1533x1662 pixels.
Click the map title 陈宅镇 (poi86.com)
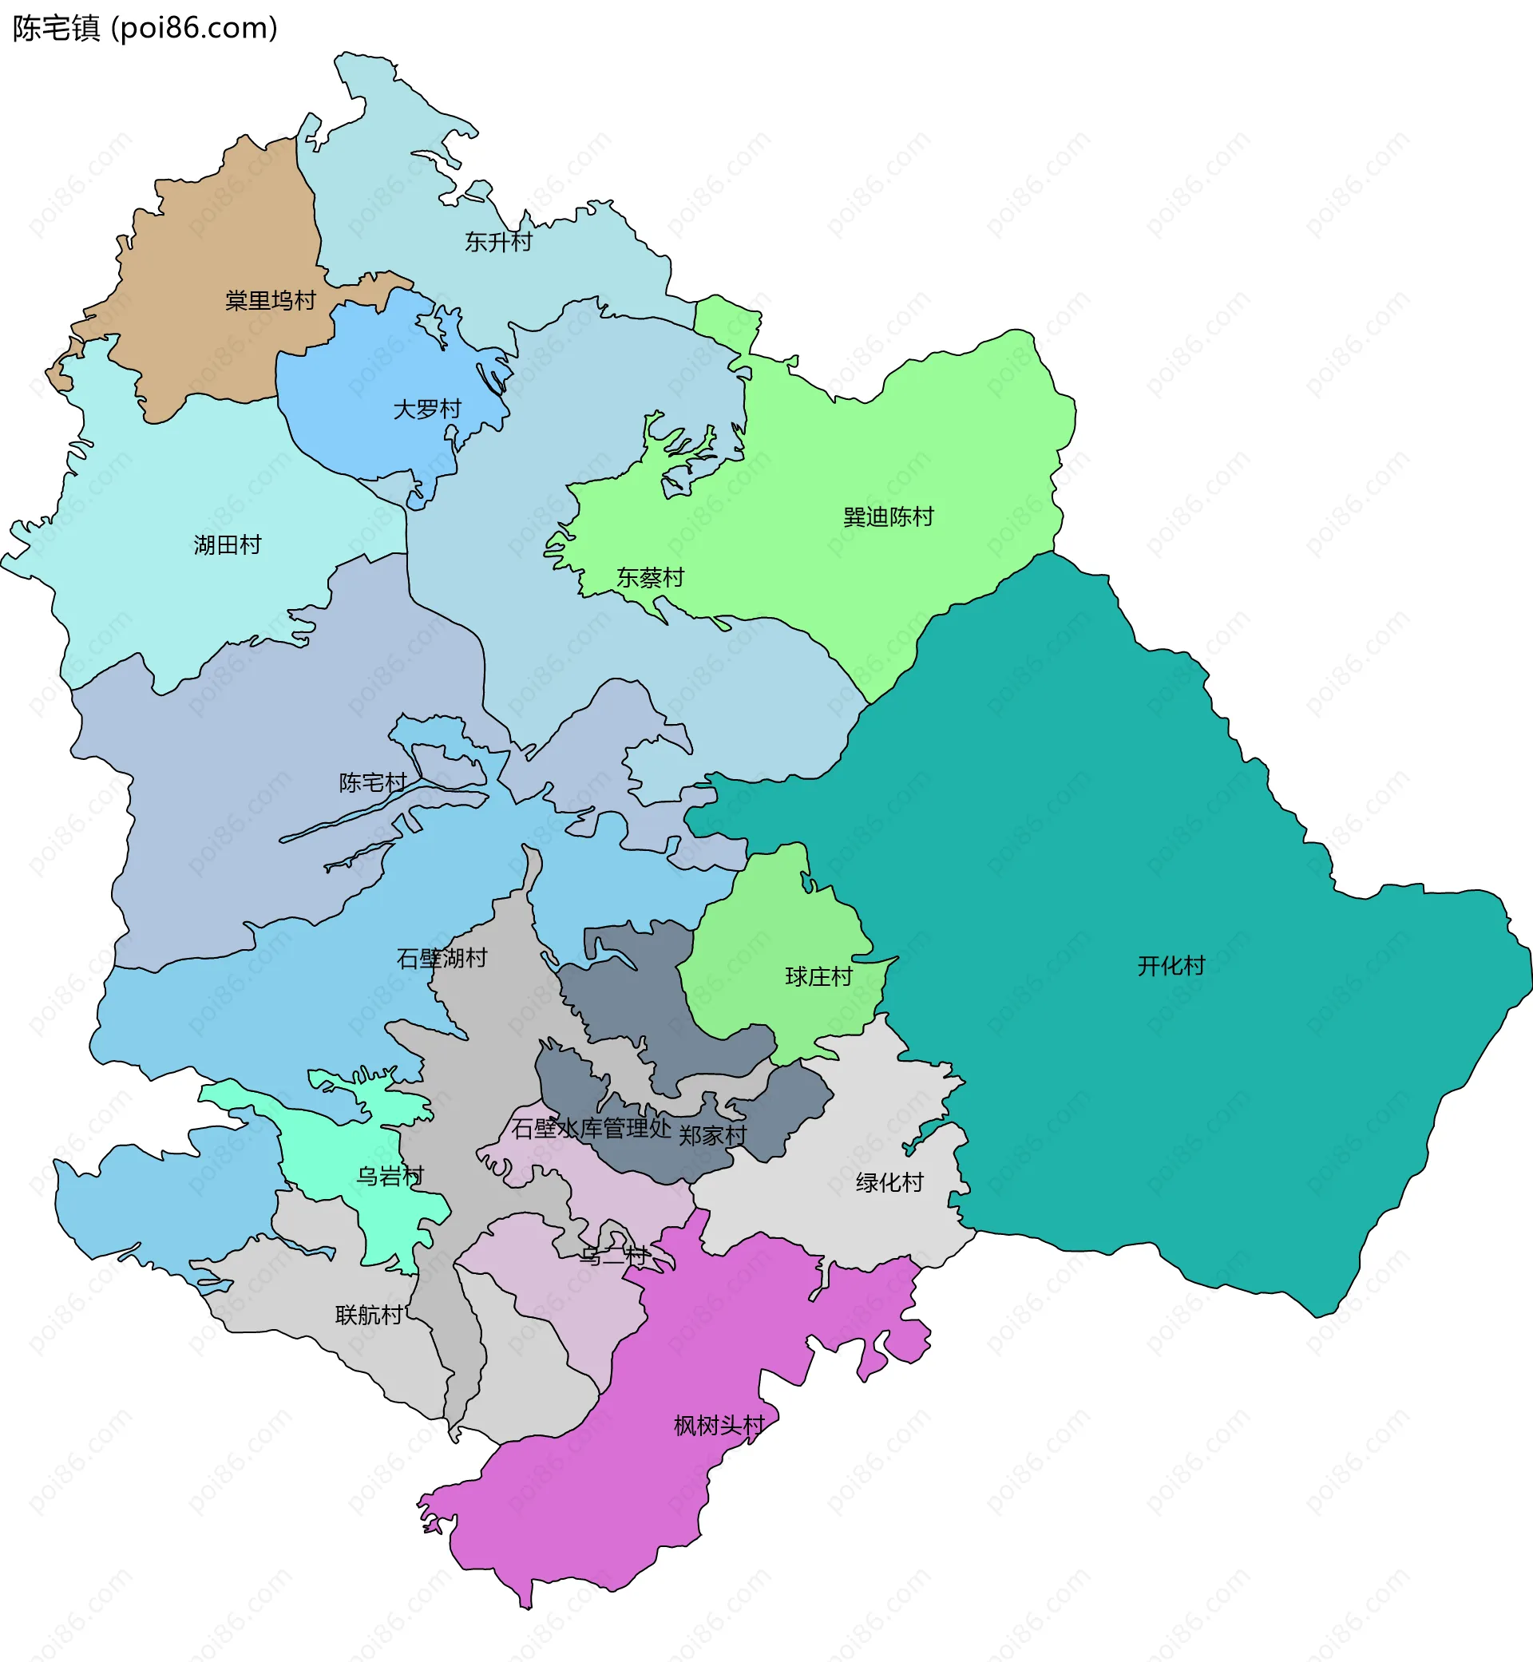click(145, 28)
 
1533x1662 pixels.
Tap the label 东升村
click(497, 242)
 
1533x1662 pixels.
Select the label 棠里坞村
click(271, 300)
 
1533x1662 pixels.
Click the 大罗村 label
click(426, 409)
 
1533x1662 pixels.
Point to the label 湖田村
click(228, 545)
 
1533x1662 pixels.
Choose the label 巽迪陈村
click(888, 516)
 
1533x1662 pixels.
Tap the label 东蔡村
click(650, 577)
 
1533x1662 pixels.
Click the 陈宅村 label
click(372, 782)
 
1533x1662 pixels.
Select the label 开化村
click(1171, 965)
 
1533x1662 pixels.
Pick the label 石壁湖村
click(442, 959)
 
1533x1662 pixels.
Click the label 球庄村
click(818, 976)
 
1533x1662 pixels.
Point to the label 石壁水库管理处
click(591, 1128)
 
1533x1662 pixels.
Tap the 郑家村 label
click(712, 1135)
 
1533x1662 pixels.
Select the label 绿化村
click(889, 1183)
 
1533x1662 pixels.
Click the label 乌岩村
click(390, 1176)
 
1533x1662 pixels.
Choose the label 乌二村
click(613, 1256)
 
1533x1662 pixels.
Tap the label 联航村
click(369, 1316)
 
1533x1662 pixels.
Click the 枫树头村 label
click(719, 1426)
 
